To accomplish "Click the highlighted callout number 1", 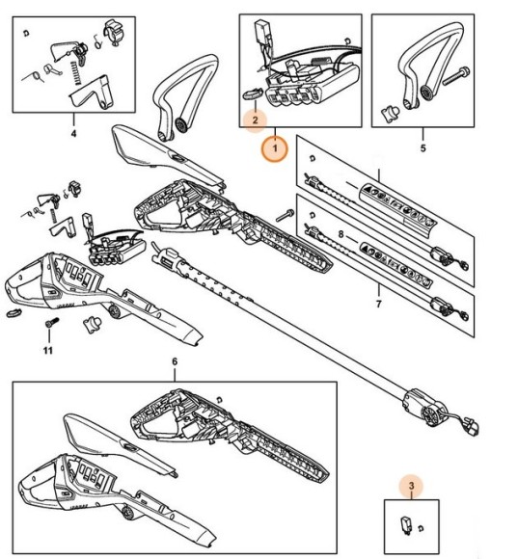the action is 275,148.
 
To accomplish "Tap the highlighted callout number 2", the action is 255,120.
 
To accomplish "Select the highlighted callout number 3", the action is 411,486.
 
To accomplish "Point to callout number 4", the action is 73,134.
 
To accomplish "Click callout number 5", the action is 423,147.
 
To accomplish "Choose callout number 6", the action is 175,361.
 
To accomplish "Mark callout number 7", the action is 378,304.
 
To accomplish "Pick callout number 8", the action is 341,234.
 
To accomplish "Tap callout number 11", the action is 48,351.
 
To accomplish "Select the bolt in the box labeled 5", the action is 456,76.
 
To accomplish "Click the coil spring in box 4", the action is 75,72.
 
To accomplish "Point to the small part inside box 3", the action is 406,524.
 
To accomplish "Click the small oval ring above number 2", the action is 252,94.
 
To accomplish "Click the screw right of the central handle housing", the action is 285,216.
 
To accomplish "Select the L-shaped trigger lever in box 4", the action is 92,93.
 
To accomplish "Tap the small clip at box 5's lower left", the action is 390,114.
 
